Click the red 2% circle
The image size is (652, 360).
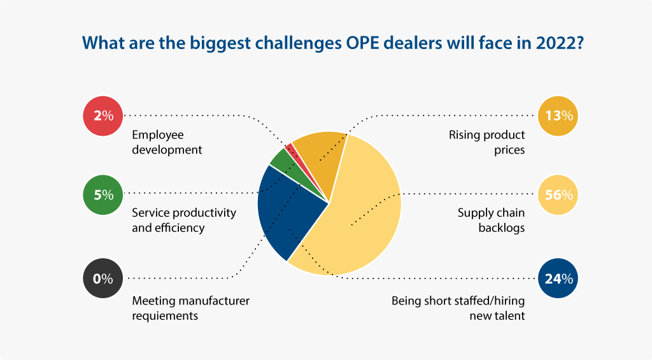[103, 116]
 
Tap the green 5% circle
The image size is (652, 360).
[103, 195]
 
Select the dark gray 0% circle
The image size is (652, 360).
[103, 278]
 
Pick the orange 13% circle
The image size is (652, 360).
[558, 116]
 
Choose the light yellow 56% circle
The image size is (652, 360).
[558, 195]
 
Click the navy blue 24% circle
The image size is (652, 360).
[558, 278]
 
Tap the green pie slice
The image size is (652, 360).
[287, 164]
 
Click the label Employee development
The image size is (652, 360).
[167, 142]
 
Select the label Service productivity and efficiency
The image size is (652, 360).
[184, 220]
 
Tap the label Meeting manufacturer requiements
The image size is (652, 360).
[190, 308]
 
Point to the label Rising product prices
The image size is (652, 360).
[486, 142]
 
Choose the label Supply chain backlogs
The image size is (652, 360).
[491, 220]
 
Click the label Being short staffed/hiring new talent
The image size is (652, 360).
[458, 308]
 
